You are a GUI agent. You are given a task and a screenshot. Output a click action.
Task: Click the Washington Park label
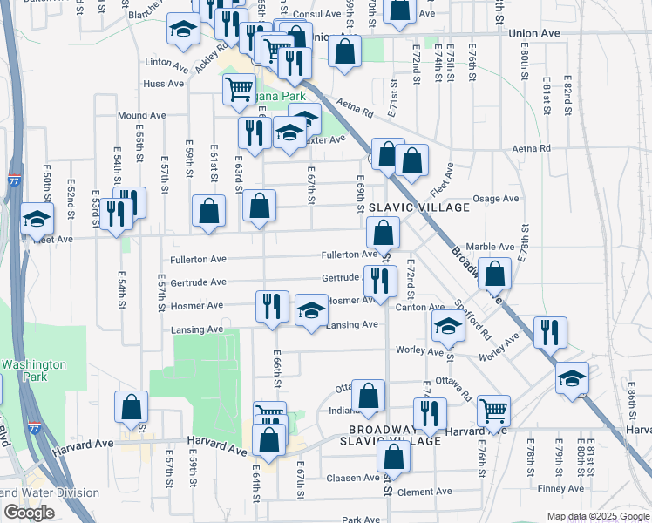(x=33, y=370)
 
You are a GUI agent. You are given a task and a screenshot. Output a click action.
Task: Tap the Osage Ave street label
(x=495, y=199)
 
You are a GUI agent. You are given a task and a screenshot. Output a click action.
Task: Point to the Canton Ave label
(x=420, y=307)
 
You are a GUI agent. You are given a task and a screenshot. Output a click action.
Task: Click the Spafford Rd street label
(x=473, y=320)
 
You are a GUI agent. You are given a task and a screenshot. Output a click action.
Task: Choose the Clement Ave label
(x=424, y=492)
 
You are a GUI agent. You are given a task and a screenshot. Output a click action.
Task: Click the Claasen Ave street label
(x=352, y=478)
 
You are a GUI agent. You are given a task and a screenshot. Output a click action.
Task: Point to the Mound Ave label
(x=142, y=115)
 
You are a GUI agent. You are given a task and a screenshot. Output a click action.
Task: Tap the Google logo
(x=29, y=513)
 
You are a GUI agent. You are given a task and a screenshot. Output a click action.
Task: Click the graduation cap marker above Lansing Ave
(x=311, y=310)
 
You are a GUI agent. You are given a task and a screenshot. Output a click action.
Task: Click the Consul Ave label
(x=316, y=15)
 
